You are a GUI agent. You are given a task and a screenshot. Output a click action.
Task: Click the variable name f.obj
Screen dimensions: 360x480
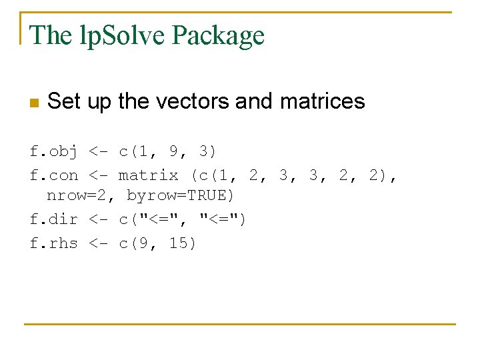(54, 152)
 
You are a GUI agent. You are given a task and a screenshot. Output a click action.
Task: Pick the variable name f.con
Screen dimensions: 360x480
(54, 175)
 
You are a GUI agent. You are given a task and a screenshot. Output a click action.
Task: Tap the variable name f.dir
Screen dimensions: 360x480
(54, 219)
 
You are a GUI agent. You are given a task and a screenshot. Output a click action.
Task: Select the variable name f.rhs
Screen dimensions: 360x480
(54, 243)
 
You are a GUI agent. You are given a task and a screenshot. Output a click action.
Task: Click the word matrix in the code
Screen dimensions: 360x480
(148, 175)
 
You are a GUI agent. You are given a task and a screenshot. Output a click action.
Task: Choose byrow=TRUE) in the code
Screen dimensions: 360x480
(180, 196)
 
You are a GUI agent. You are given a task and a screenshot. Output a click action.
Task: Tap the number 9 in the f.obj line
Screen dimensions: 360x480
(173, 152)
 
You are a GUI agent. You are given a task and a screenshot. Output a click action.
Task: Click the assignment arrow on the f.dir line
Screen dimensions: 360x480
(98, 219)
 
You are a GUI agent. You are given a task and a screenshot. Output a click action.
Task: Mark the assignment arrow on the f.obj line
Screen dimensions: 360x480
(98, 152)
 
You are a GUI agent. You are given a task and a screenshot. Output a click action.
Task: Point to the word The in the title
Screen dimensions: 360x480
(51, 35)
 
